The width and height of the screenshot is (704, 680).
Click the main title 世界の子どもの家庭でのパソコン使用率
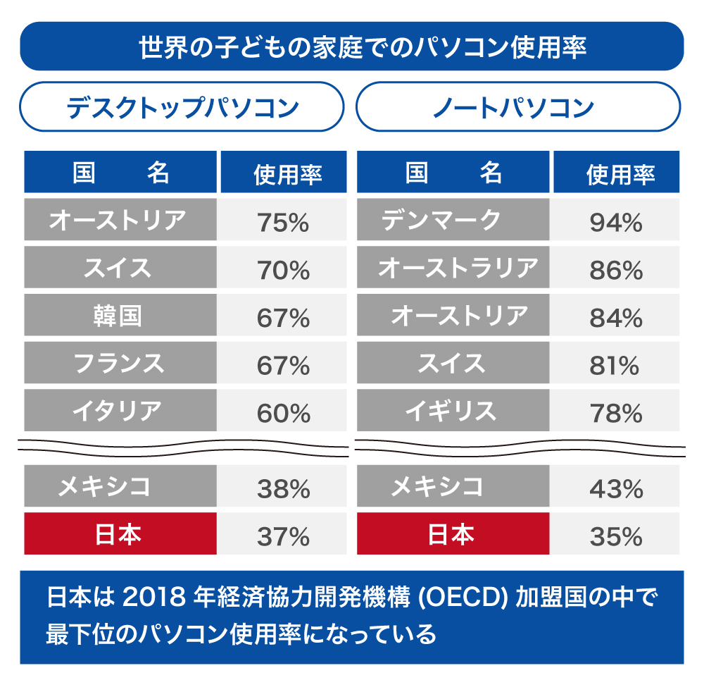pos(352,47)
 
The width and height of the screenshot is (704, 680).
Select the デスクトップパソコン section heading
pos(182,108)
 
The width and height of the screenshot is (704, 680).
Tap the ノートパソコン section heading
pos(517,108)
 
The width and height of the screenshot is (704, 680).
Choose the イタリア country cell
pos(118,410)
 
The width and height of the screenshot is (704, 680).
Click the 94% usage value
pos(616,223)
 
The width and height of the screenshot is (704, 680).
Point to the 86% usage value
pos(616,270)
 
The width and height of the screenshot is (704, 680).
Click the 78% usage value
pos(616,413)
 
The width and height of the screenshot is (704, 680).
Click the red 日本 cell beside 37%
pos(118,535)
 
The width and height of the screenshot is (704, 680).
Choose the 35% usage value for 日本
pos(616,537)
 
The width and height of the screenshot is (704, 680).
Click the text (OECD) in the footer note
pos(465,599)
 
